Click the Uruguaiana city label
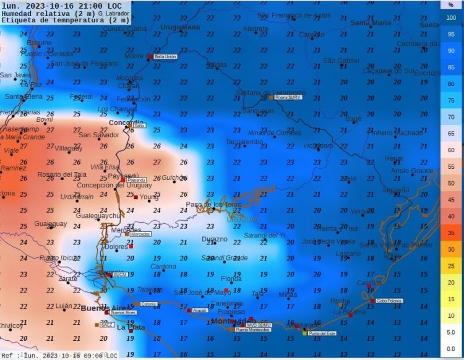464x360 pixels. (x=180, y=27)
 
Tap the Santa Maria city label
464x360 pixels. (x=371, y=23)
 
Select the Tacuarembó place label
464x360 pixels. (x=244, y=142)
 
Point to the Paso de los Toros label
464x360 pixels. (x=213, y=204)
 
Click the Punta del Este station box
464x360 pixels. (x=322, y=333)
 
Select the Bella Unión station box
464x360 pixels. (x=164, y=56)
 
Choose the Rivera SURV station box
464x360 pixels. (x=288, y=97)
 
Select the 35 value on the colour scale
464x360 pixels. (x=450, y=233)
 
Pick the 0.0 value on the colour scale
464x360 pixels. (x=450, y=349)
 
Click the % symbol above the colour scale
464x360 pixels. (x=450, y=4)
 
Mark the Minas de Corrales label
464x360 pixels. (x=274, y=132)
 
